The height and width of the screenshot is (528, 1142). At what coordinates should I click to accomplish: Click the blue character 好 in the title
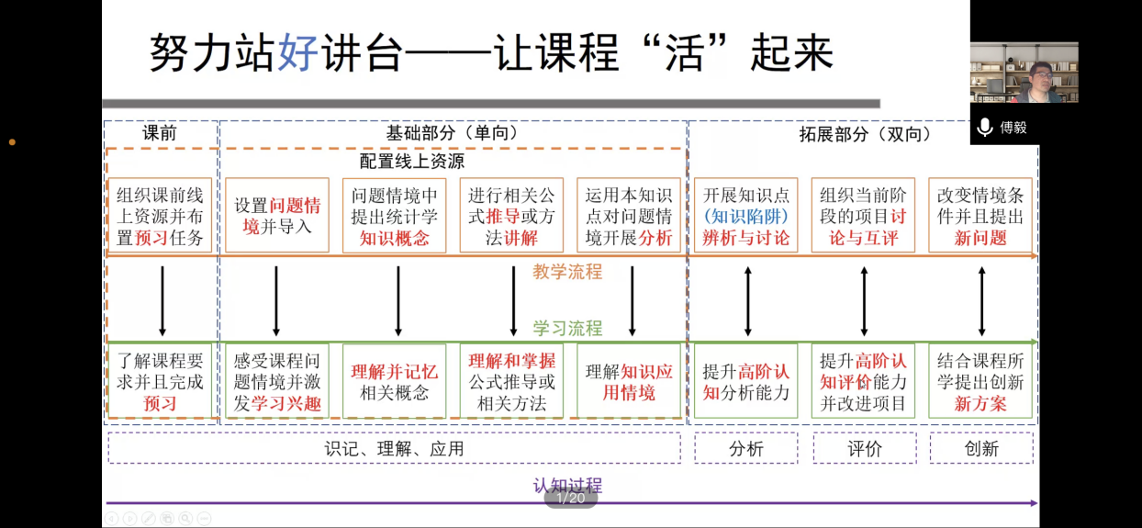tap(298, 52)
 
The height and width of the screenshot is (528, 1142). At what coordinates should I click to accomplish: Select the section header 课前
tap(160, 133)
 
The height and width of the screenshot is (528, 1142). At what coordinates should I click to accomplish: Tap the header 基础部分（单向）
tap(453, 133)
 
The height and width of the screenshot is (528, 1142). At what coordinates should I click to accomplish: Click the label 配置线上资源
tap(412, 162)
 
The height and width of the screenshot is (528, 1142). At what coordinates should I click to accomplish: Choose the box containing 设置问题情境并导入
tap(277, 215)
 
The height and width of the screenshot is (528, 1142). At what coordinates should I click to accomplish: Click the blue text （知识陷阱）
tap(745, 217)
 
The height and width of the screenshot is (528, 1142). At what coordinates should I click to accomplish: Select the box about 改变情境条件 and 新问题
tap(980, 215)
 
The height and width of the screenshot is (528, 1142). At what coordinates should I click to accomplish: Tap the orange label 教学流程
tap(567, 272)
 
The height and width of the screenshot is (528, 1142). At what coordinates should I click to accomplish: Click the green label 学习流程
tap(567, 328)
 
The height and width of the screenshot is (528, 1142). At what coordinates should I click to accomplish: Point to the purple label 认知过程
tap(567, 485)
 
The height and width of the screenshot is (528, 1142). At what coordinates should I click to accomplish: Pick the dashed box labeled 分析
tap(745, 448)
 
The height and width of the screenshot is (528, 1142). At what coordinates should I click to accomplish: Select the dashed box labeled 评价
tap(865, 448)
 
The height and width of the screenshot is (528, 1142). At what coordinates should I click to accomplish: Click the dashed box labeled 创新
tap(981, 448)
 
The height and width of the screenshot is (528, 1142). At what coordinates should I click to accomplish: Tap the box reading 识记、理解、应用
tap(394, 448)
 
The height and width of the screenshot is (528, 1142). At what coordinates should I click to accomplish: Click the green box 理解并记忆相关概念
tap(394, 381)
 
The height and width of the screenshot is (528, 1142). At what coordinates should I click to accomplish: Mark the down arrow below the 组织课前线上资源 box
tap(162, 301)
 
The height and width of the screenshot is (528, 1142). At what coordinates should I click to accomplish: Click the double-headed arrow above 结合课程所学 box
tap(982, 301)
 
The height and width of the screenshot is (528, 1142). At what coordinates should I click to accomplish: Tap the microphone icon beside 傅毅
tap(985, 128)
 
